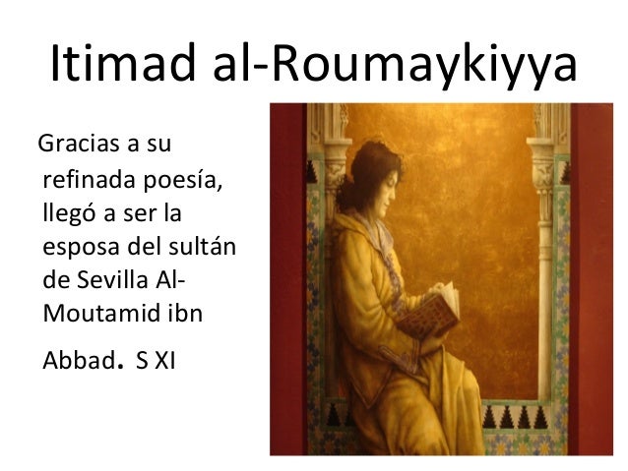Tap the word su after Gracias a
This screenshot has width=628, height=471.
point(157,150)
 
